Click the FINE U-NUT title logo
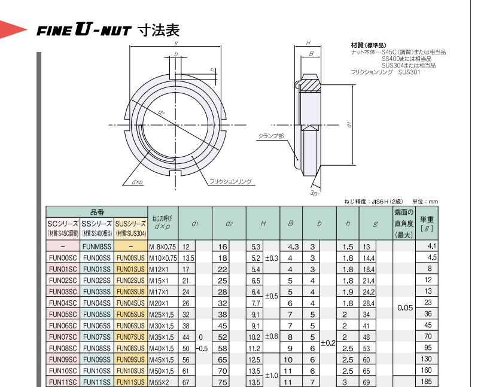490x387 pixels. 83,31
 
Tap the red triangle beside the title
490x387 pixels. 13,30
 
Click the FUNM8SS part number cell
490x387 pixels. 97,246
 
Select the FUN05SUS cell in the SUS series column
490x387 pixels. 130,314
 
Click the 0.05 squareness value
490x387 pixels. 405,307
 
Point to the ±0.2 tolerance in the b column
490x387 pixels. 328,343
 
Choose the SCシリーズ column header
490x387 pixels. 63,228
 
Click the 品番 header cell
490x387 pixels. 97,212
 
